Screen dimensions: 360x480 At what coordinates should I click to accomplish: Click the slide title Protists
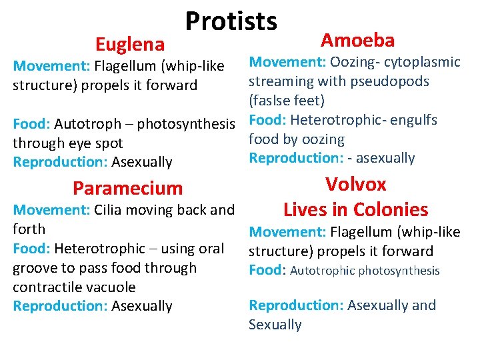[x=231, y=21]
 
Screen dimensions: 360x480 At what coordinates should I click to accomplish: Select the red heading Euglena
[x=130, y=45]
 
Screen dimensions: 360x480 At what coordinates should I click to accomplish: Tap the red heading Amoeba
[x=357, y=40]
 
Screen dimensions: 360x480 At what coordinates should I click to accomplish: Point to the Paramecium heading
[x=127, y=189]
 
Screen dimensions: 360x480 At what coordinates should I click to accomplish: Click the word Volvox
[x=355, y=185]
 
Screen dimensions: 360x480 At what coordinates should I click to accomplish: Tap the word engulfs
[x=415, y=120]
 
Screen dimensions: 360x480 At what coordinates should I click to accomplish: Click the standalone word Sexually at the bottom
[x=275, y=325]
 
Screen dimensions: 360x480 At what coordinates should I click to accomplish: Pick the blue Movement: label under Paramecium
[x=43, y=210]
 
